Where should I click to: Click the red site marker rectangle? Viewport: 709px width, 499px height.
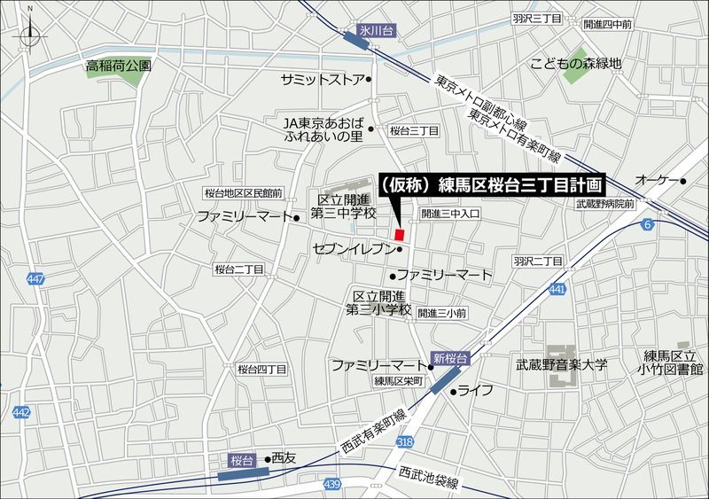[400, 234]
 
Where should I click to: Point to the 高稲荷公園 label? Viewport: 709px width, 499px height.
[119, 65]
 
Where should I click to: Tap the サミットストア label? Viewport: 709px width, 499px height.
[322, 80]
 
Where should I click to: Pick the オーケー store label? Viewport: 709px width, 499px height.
[656, 181]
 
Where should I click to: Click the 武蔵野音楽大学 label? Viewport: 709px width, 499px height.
[561, 363]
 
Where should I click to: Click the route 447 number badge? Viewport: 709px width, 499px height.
[35, 280]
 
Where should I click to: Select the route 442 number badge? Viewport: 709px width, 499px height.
[22, 412]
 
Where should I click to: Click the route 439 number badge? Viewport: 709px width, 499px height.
[331, 484]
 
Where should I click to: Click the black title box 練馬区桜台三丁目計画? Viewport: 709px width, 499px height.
[491, 184]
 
